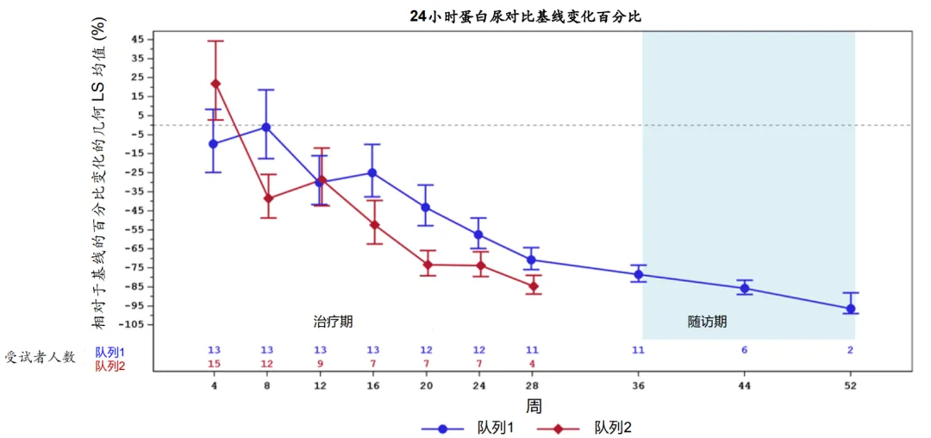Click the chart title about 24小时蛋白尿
click(x=526, y=16)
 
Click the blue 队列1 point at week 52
click(x=851, y=309)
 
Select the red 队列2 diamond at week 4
click(x=216, y=84)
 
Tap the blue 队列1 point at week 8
click(x=266, y=128)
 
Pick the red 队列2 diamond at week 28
click(x=533, y=286)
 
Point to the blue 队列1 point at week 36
click(x=639, y=274)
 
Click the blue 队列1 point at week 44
click(x=745, y=288)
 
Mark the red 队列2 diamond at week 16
click(x=373, y=225)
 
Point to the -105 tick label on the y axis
click(x=132, y=324)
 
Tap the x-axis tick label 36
click(x=639, y=385)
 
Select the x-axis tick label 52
click(x=851, y=385)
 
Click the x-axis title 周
click(x=534, y=405)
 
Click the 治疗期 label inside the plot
click(x=333, y=322)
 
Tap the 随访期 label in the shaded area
click(x=707, y=322)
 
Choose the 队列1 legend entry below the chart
click(x=474, y=428)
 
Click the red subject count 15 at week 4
click(x=214, y=364)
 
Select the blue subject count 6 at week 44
click(x=745, y=350)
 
